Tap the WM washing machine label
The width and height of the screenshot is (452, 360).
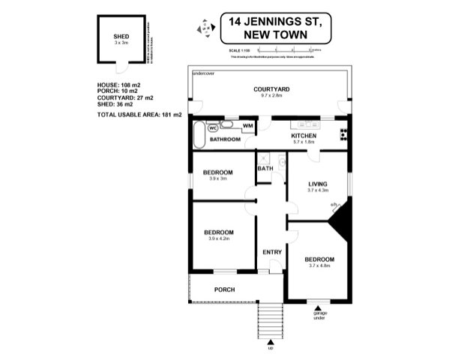tap(247, 126)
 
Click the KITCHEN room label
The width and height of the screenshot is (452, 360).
tap(301, 136)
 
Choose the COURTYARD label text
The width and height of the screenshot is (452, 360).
tap(271, 89)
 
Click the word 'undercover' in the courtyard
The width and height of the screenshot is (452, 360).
tap(203, 73)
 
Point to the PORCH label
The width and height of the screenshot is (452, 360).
tap(225, 290)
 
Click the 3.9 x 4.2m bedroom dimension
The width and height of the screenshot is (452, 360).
tap(219, 239)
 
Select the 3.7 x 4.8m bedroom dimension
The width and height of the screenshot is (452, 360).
tap(319, 266)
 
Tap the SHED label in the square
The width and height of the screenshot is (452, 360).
tap(121, 36)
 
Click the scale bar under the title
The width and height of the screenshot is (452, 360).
tap(285, 49)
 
